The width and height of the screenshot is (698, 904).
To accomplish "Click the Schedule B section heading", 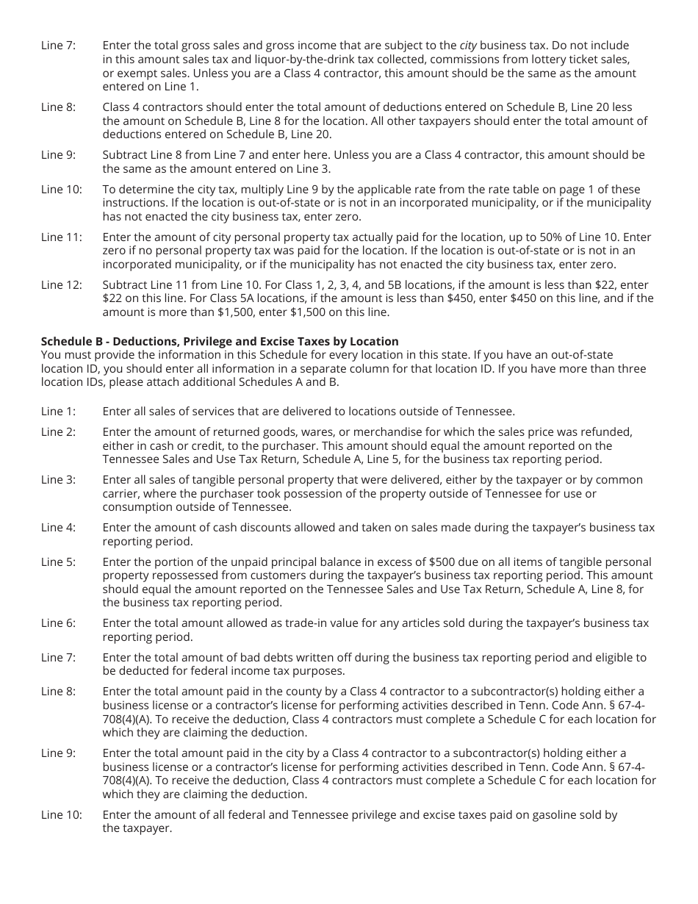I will tap(220, 341).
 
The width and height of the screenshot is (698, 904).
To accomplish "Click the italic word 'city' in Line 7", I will tap(468, 46).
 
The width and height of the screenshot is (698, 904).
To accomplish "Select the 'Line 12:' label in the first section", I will tap(62, 285).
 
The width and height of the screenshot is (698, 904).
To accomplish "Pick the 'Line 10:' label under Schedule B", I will tap(62, 814).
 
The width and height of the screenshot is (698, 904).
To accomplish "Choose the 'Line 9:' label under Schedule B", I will tap(59, 753).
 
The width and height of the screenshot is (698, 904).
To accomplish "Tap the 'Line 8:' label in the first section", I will tap(59, 107).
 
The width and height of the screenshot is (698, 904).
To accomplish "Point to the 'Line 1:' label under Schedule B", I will tap(59, 412).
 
